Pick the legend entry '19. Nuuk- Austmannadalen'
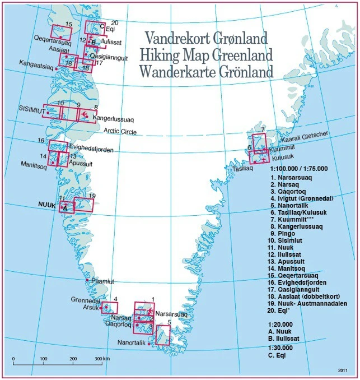(x=308, y=304)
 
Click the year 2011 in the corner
(x=344, y=370)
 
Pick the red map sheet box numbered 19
(x=84, y=205)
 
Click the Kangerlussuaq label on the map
(x=114, y=119)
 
